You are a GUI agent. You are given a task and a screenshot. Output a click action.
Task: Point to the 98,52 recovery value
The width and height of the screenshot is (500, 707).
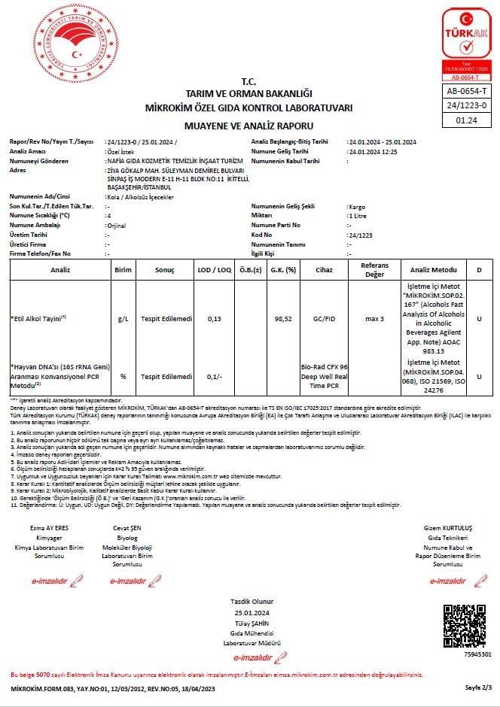tap(283, 319)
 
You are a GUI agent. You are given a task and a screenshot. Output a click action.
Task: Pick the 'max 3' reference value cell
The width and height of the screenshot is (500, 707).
tap(374, 319)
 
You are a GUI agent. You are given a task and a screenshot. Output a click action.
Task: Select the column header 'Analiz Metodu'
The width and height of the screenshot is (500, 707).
tap(434, 269)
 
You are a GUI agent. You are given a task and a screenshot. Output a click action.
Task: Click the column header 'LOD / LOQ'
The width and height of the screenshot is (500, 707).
tap(215, 269)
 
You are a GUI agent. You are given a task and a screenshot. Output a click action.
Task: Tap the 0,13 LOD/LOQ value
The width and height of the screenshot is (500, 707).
tap(214, 319)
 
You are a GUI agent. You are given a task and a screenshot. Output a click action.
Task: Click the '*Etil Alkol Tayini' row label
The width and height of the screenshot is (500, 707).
tap(38, 319)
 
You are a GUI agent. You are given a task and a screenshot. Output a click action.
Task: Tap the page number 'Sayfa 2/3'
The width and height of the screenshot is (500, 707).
tap(477, 687)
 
